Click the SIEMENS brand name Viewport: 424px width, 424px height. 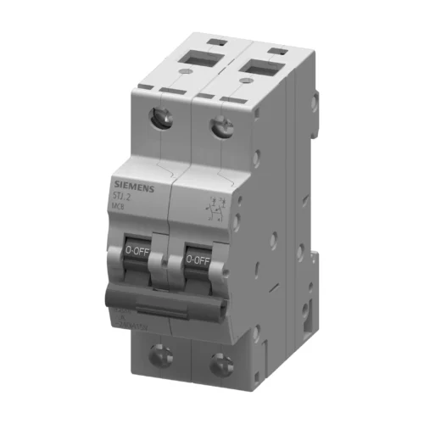coord(133,188)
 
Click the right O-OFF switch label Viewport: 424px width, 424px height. coord(197,259)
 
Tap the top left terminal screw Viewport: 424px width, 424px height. coord(160,119)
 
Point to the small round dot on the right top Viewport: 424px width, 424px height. coord(246,83)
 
